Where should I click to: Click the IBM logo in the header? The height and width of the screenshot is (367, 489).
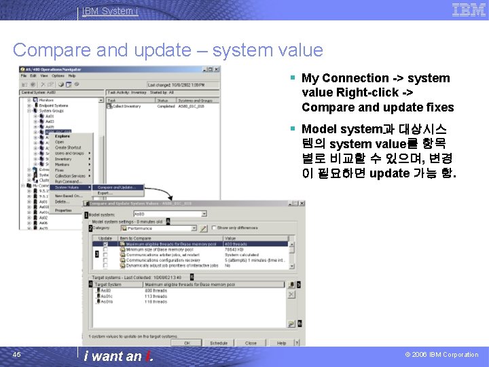pyautogui.click(x=469, y=10)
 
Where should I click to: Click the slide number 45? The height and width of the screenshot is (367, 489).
pyautogui.click(x=17, y=354)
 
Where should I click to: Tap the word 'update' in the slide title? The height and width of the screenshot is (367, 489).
pyautogui.click(x=164, y=50)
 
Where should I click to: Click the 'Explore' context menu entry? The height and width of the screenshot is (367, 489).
pyautogui.click(x=62, y=136)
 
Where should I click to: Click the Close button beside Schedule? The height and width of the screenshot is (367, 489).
pyautogui.click(x=251, y=343)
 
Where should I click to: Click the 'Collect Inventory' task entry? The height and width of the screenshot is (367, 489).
pyautogui.click(x=126, y=106)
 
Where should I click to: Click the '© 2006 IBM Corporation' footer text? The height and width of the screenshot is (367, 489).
pyautogui.click(x=442, y=355)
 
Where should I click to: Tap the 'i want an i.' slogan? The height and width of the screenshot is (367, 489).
pyautogui.click(x=119, y=355)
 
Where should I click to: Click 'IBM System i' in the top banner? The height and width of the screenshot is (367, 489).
pyautogui.click(x=109, y=11)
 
